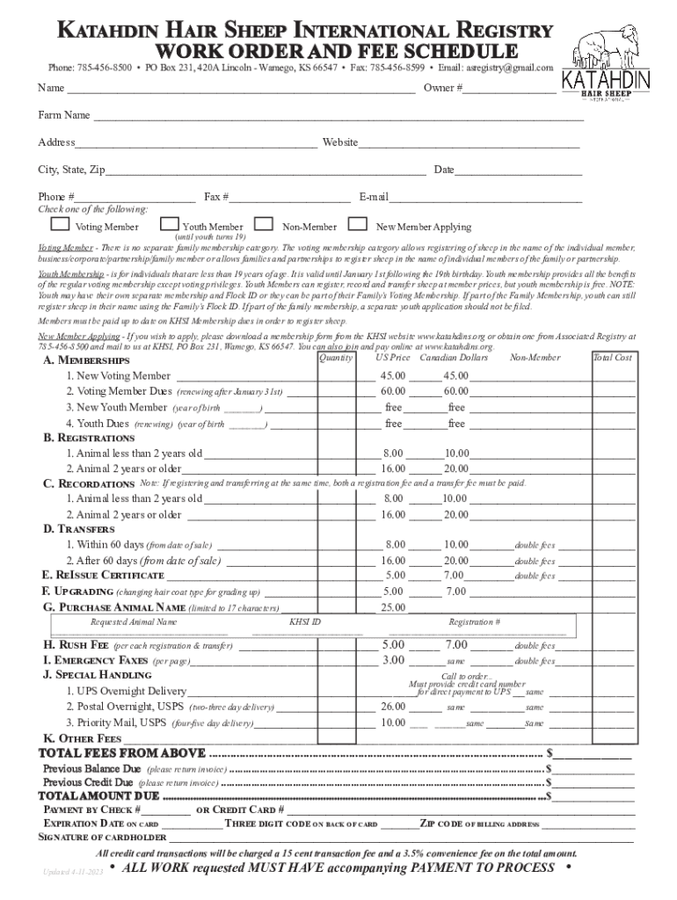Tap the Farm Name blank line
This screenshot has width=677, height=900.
(338, 116)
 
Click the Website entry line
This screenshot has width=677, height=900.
(470, 143)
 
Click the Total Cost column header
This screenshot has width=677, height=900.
(612, 359)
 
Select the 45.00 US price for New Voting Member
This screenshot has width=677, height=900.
(393, 375)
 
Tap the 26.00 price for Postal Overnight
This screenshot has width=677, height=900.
(393, 707)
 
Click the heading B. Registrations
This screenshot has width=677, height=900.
(90, 438)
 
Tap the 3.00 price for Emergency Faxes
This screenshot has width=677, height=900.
(393, 660)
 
